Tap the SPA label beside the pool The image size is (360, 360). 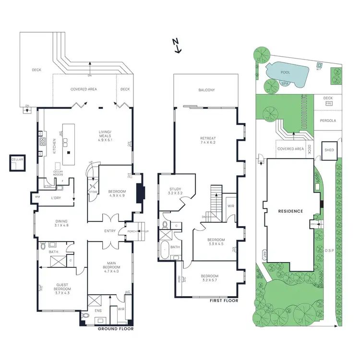click(x=285, y=84)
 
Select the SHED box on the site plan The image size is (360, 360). click(x=329, y=150)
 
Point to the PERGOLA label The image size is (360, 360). click(x=329, y=120)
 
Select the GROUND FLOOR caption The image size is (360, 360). click(x=116, y=329)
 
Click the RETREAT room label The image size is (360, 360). click(x=207, y=141)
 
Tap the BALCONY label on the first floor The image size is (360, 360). click(x=206, y=90)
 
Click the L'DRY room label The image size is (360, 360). click(x=57, y=198)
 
